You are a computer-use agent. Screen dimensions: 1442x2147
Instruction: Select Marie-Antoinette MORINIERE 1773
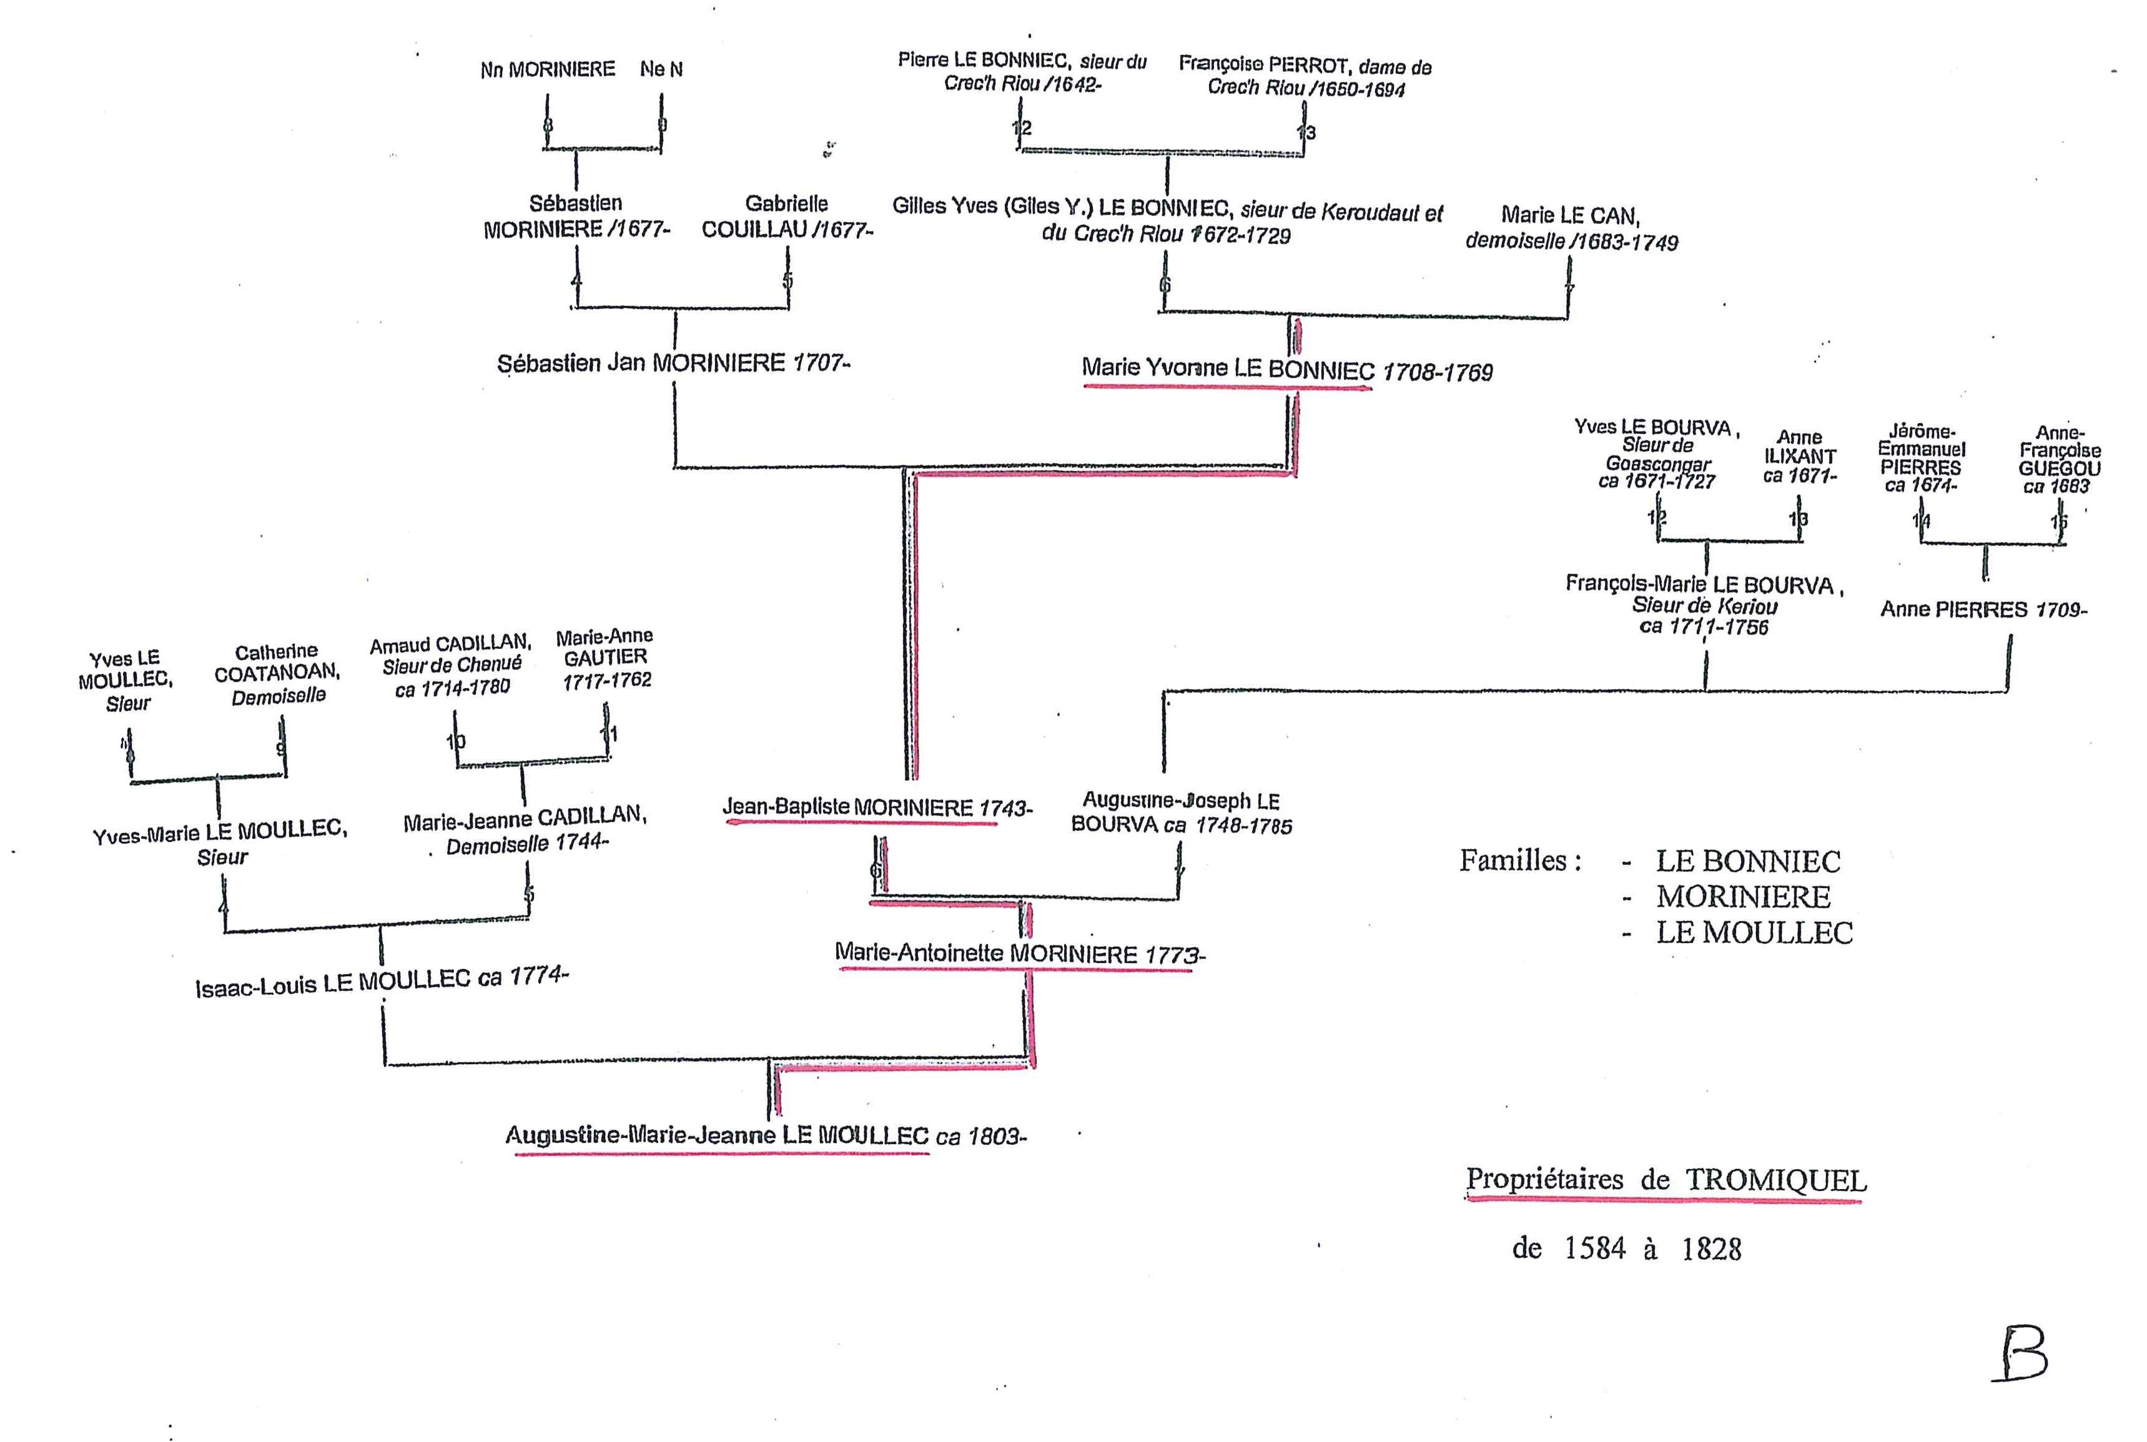coord(1019,954)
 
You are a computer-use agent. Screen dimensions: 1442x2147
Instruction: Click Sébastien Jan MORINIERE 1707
coord(673,363)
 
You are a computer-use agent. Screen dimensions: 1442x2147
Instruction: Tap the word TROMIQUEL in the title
coord(1775,1180)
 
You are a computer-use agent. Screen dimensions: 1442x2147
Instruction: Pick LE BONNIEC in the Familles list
coord(1748,862)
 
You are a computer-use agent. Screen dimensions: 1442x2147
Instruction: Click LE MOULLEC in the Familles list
coord(1754,932)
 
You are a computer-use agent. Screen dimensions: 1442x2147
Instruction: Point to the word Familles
coord(1520,861)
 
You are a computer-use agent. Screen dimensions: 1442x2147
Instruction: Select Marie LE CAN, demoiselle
coord(1571,228)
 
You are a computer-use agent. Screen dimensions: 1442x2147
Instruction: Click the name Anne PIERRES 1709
coord(1983,609)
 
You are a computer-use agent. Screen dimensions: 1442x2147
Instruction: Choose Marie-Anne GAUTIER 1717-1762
coord(605,658)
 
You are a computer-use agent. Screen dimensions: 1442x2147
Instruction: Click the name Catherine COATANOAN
coord(277,673)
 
